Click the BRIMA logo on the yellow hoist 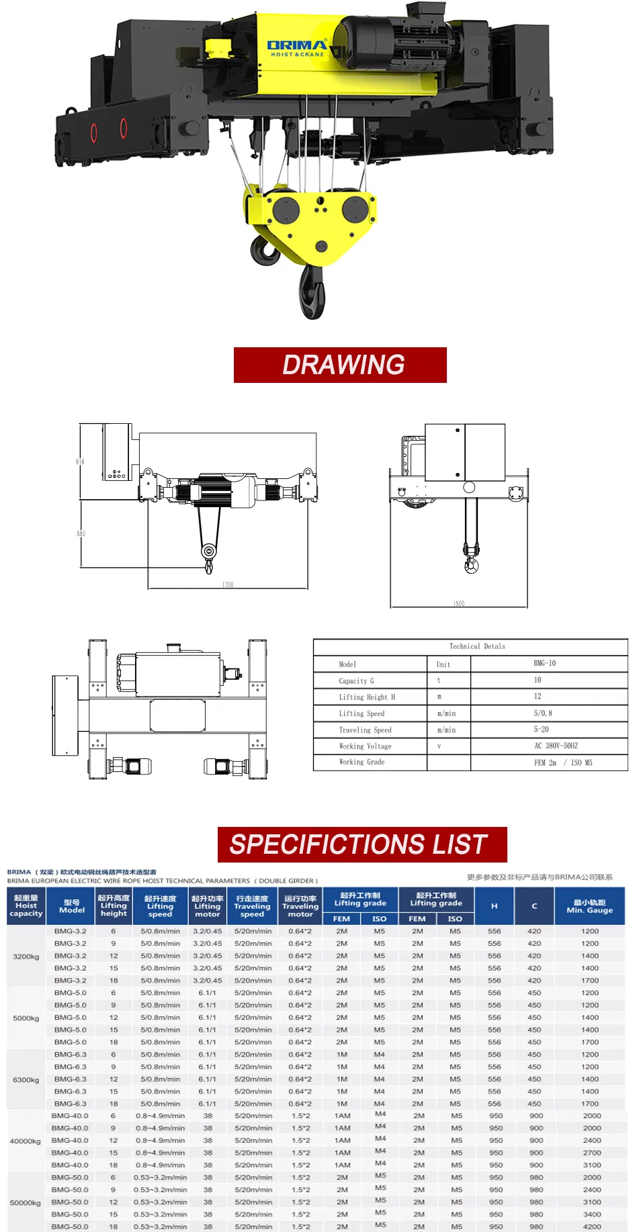[x=296, y=48]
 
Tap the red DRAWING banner [x=340, y=365]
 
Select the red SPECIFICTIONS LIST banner [x=362, y=844]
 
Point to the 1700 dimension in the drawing [x=228, y=585]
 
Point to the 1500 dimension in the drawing [x=458, y=604]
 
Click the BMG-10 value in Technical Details [x=544, y=664]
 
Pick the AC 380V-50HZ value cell [x=556, y=746]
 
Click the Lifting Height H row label [x=367, y=697]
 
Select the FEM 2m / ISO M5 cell [x=562, y=763]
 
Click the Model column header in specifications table [x=72, y=906]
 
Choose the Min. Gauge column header [x=589, y=906]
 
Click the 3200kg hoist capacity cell [x=26, y=957]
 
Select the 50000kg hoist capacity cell [x=26, y=1202]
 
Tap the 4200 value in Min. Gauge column [x=591, y=1227]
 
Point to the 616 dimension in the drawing [x=80, y=461]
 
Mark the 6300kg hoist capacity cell [x=26, y=1080]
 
